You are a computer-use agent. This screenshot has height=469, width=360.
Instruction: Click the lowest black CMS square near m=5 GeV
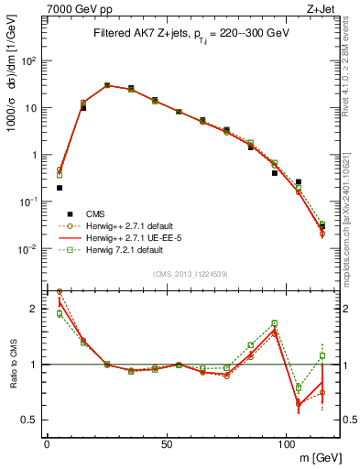pos(60,188)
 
